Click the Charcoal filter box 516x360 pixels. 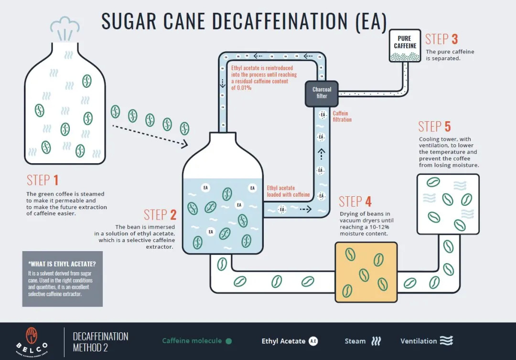point(322,94)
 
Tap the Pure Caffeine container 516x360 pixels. point(405,46)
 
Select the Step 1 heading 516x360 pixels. point(43,180)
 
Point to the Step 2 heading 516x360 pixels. point(160,215)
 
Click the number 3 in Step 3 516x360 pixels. point(454,39)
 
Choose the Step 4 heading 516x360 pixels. point(355,201)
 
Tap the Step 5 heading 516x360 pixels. point(434,127)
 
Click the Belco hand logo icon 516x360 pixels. point(32,335)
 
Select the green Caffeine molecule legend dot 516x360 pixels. point(229,341)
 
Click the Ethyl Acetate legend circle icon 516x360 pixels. point(313,341)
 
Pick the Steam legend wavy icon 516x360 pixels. point(376,341)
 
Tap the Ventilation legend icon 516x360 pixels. point(446,340)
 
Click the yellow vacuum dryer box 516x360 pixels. point(366,272)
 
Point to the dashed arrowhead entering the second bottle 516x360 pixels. point(184,143)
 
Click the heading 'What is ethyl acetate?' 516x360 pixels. point(62,264)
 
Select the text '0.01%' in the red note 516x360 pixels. point(241,88)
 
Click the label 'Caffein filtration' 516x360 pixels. point(342,116)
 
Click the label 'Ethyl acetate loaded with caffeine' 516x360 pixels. point(288,191)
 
